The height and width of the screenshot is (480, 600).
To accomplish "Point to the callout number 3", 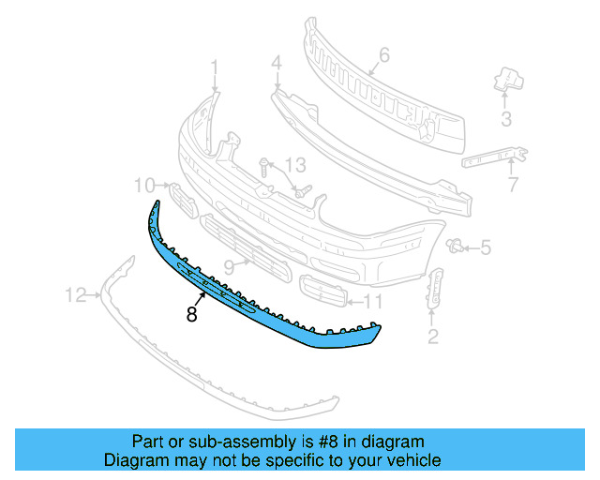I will pyautogui.click(x=506, y=119).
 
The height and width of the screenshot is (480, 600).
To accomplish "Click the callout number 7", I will pyautogui.click(x=513, y=185).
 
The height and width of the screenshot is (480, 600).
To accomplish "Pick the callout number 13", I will pyautogui.click(x=295, y=166).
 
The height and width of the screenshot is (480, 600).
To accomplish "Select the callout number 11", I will pyautogui.click(x=373, y=302).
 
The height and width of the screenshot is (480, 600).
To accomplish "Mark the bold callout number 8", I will pyautogui.click(x=191, y=316).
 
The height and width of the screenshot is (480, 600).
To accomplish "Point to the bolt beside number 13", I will pyautogui.click(x=265, y=171).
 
